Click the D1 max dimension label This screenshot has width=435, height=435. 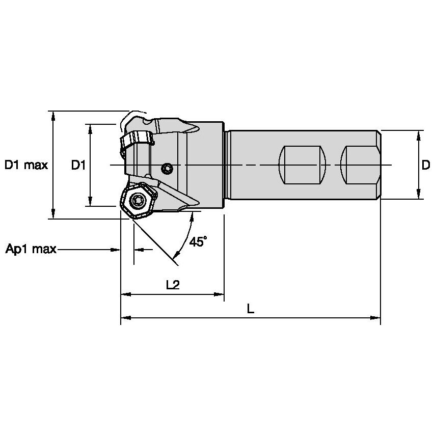26,165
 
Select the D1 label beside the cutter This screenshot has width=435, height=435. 77,165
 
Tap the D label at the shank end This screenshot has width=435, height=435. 425,165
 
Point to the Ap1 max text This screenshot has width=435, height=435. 31,250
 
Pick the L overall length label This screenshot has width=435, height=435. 251,309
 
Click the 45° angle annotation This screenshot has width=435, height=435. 198,241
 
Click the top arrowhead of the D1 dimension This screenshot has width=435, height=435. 90,128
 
